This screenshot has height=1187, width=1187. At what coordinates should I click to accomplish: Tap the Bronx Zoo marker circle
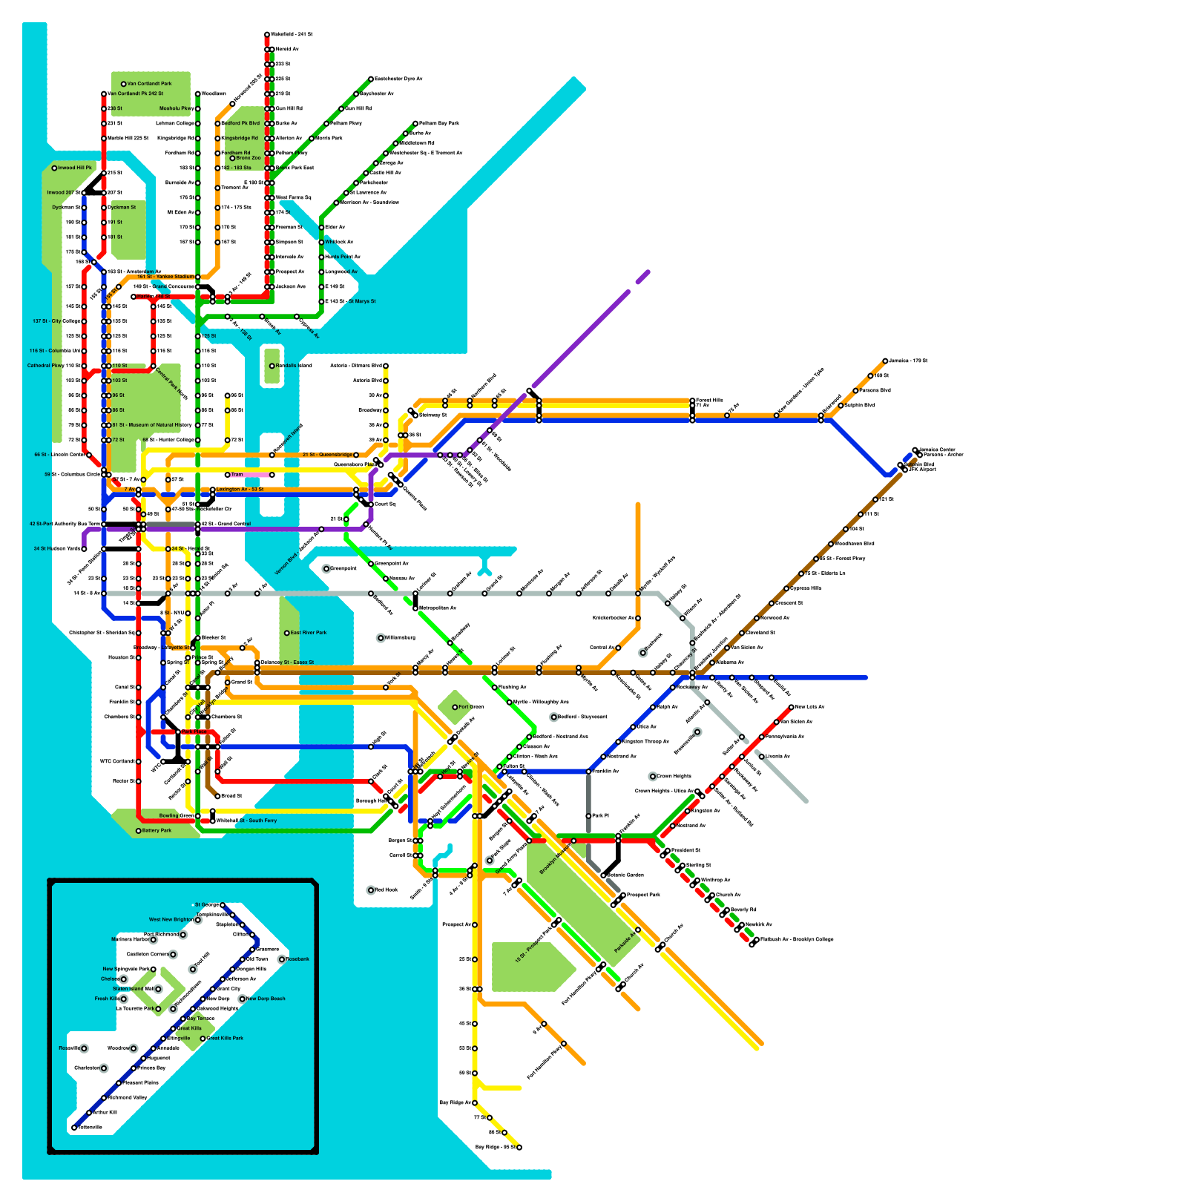232,158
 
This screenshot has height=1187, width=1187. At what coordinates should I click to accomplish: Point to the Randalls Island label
294,366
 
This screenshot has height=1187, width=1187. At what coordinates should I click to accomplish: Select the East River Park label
309,633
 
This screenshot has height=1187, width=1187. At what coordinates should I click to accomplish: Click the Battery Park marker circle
139,831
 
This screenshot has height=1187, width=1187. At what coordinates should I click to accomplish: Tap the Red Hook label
387,890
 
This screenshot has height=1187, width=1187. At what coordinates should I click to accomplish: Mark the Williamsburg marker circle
381,637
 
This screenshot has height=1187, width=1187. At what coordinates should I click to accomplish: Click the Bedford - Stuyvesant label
582,717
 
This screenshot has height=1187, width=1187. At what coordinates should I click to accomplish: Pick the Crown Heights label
674,776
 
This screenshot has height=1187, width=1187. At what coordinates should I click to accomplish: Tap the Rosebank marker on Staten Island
282,959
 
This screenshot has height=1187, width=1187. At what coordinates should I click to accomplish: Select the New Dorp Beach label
266,999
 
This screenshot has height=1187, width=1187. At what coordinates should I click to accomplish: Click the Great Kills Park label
225,1038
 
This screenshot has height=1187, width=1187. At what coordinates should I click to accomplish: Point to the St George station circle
223,905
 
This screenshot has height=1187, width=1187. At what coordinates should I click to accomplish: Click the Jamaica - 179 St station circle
885,361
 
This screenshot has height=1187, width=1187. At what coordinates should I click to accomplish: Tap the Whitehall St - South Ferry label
247,821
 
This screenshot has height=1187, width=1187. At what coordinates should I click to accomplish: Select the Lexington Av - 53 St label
240,490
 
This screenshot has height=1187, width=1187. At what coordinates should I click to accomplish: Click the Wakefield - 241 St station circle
267,35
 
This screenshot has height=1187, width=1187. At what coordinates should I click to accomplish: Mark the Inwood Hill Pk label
75,168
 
